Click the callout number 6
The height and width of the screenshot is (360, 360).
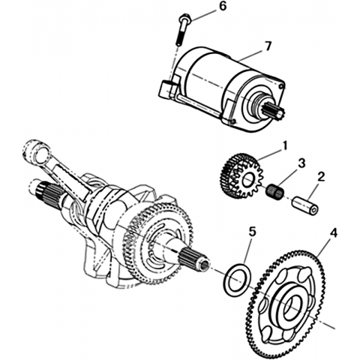(x=222, y=6)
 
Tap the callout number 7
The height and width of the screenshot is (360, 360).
(x=267, y=46)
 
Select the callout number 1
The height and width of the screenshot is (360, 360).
(x=284, y=146)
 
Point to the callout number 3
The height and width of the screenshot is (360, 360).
(x=301, y=163)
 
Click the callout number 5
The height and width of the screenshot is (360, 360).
(x=253, y=232)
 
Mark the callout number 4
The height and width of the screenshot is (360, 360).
(x=334, y=233)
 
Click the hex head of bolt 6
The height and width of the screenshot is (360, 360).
(x=184, y=18)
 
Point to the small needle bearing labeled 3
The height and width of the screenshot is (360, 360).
(x=274, y=191)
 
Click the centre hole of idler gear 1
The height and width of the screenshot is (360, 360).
(x=248, y=179)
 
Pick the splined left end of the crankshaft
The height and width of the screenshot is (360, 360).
(x=45, y=193)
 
